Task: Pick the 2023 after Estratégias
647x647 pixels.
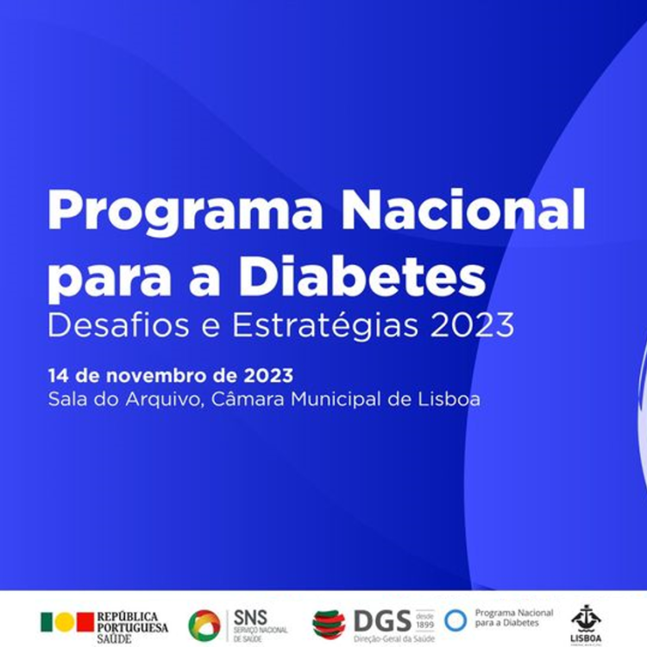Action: point(471,326)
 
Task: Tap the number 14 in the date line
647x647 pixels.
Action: point(57,376)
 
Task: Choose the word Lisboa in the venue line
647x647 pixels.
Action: point(449,399)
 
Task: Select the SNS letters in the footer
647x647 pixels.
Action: point(250,618)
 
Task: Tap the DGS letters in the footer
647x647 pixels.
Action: point(382,621)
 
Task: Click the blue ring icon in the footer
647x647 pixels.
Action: point(455,620)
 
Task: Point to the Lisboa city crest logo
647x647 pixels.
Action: point(586,619)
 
